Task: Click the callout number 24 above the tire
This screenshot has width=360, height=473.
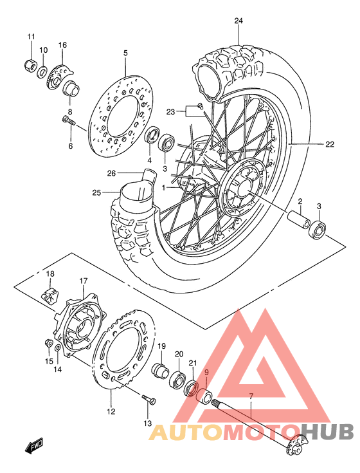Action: pos(239,21)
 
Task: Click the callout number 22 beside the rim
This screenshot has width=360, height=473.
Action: pos(329,144)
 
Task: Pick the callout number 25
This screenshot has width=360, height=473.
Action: pos(97,192)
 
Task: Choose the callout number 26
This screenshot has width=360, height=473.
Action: pos(111,172)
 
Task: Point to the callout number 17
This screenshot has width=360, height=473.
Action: pos(83,281)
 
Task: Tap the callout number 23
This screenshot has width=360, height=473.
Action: pos(171,111)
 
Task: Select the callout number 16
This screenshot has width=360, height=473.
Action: pos(62,44)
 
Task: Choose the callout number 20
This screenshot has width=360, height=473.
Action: pos(179,354)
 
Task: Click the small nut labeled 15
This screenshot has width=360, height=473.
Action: pos(49,342)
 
